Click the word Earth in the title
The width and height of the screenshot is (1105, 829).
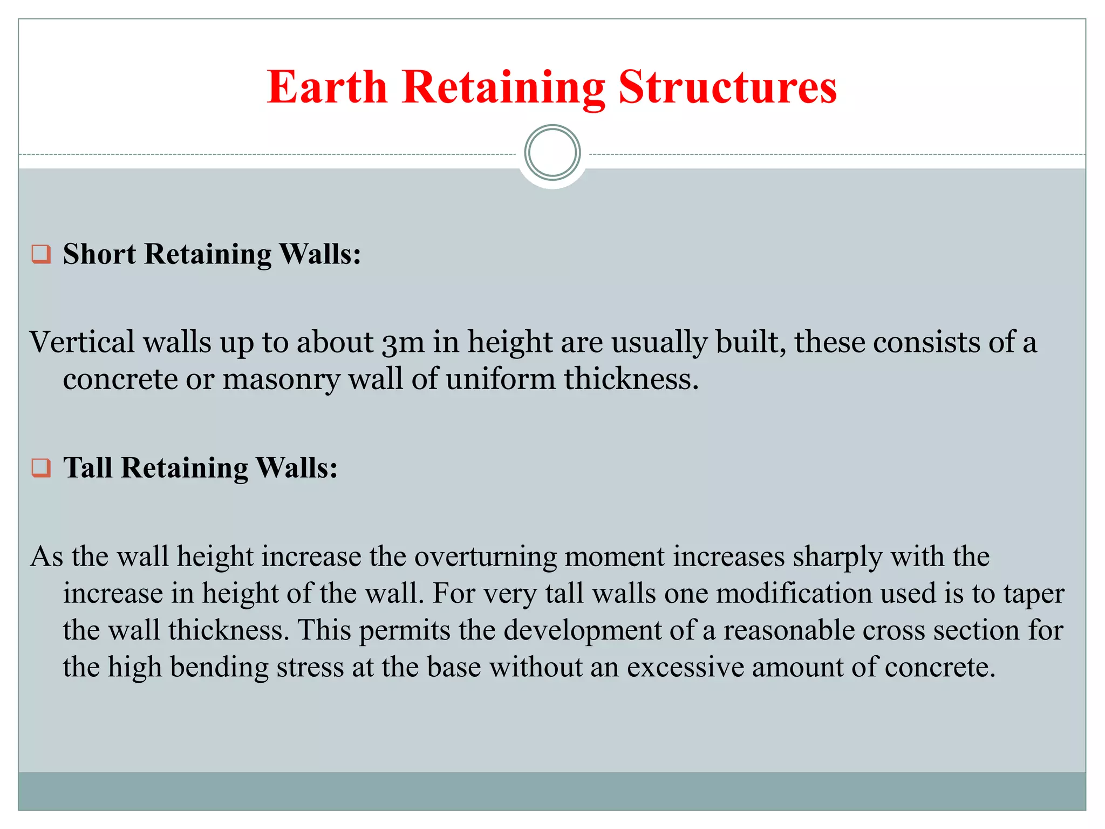tap(328, 87)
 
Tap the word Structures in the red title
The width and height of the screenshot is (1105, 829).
tap(727, 87)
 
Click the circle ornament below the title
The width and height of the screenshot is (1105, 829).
tap(552, 153)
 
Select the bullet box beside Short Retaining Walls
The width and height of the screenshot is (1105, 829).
tap(41, 254)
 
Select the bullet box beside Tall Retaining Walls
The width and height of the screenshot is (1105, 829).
tap(41, 467)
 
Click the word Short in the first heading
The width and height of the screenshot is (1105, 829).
tap(99, 254)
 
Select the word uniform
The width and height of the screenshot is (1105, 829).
tap(501, 379)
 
